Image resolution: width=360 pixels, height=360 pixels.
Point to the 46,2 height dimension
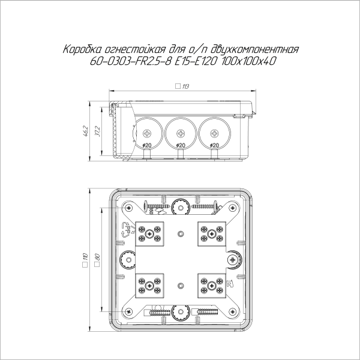[87, 131]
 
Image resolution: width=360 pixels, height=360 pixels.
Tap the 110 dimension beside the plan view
[87, 260]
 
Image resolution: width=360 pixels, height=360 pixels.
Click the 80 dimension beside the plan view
[97, 260]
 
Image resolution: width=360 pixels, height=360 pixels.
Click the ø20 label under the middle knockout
[179, 146]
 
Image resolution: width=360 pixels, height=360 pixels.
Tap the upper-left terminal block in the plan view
[151, 232]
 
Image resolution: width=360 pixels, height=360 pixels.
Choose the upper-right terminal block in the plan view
[211, 232]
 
